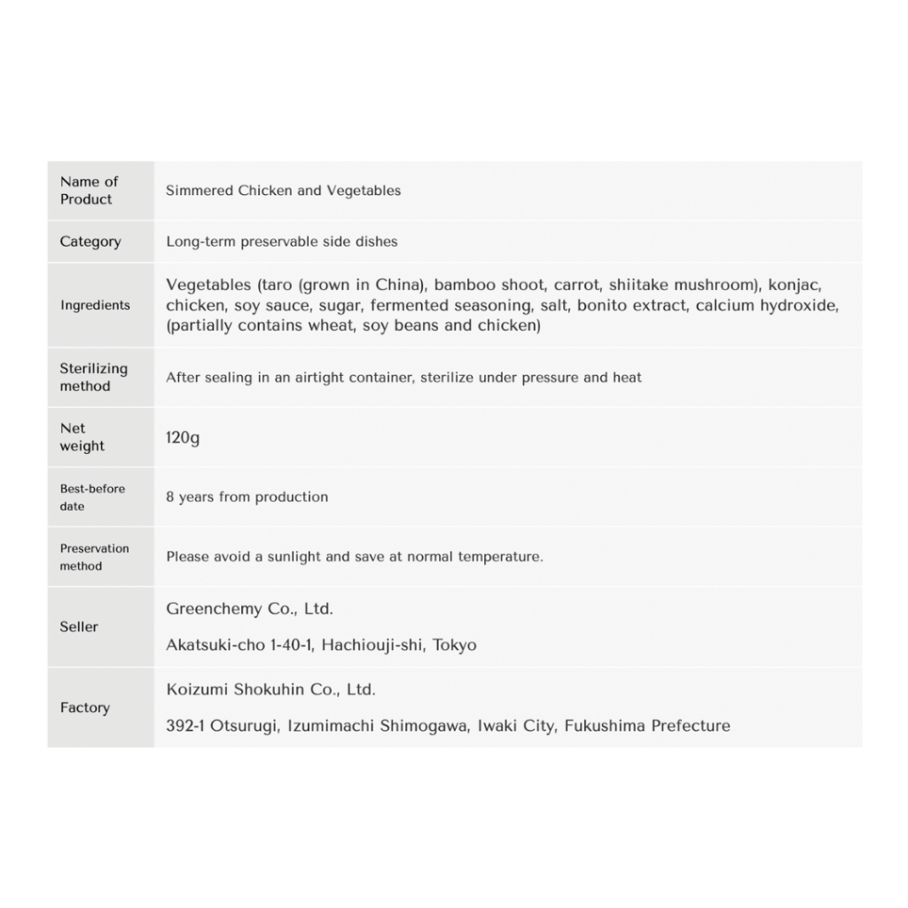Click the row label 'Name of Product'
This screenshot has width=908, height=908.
[x=89, y=191]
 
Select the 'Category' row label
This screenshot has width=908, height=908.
[x=90, y=242]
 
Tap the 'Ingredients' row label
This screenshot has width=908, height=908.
[x=95, y=305]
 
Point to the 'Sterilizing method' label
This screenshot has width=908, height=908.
[x=94, y=378]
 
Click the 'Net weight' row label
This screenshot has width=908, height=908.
[x=82, y=437]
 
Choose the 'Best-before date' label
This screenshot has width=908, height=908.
[x=92, y=497]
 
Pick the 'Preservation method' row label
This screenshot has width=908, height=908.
[x=94, y=557]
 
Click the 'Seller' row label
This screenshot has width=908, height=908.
[x=79, y=627]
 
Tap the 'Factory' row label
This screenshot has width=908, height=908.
[x=85, y=708]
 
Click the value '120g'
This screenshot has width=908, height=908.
[x=183, y=437]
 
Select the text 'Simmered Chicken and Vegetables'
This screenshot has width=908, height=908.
[x=283, y=191]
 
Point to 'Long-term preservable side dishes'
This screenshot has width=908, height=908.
[x=282, y=242]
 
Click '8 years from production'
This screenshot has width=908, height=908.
[x=247, y=497]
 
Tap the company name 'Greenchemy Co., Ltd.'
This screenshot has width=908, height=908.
[x=249, y=609]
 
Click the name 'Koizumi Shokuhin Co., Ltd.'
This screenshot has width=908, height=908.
[x=270, y=690]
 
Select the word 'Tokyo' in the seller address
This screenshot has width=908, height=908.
[x=454, y=646]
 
